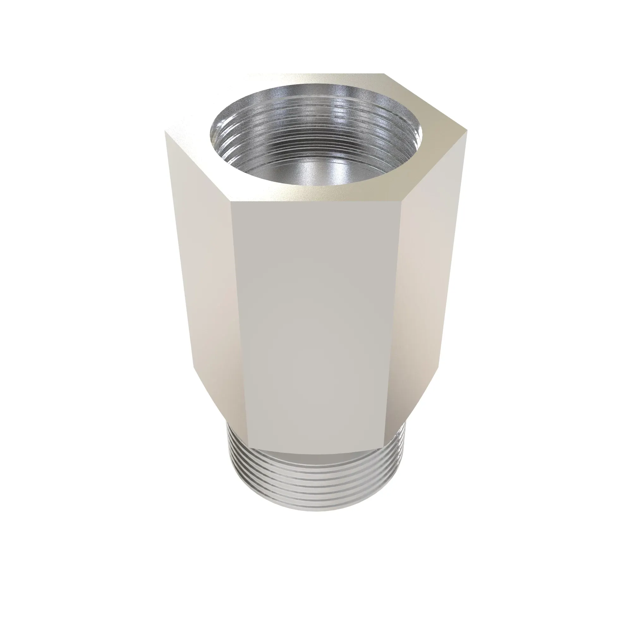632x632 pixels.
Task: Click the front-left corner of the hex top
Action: point(231,202)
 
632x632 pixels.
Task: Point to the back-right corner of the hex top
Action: point(383,74)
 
